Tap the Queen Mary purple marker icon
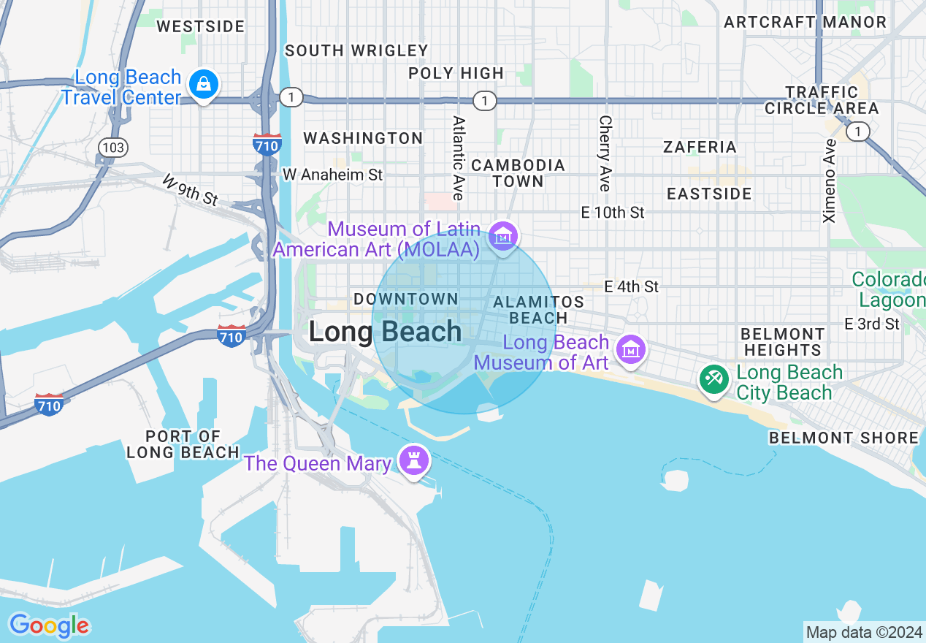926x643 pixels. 414,461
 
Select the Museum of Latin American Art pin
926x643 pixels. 502,236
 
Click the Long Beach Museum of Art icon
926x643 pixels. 630,350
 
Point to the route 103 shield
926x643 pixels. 113,148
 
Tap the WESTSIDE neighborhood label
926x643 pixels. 201,27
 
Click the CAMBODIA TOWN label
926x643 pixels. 518,173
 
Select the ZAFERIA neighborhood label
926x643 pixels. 700,147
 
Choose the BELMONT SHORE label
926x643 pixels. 843,438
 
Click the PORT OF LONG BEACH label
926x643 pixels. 183,444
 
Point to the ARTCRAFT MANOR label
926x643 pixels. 805,22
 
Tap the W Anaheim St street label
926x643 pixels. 332,175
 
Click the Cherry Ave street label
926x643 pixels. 605,153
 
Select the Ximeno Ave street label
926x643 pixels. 830,180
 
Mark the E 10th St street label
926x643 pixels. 613,213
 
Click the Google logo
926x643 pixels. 50,625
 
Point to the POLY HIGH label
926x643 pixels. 456,73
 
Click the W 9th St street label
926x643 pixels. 190,189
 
